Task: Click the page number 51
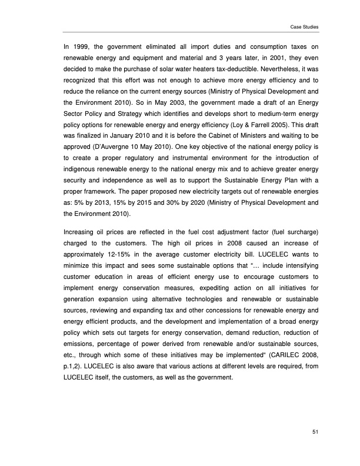coord(315,433)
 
